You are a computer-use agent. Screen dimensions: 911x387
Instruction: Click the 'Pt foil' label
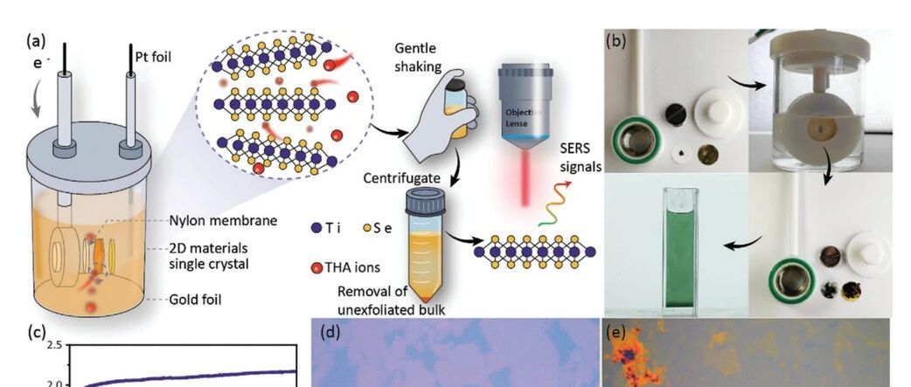pos(153,58)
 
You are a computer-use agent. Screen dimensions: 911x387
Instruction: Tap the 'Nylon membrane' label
pos(223,221)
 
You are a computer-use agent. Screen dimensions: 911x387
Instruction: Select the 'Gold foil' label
pos(195,300)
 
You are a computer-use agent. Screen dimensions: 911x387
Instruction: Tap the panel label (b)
pos(615,42)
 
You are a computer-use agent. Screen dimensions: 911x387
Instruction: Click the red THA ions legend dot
pos(316,267)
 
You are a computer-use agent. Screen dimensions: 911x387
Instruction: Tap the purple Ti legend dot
pos(316,228)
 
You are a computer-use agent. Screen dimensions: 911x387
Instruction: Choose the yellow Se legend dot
pos(366,228)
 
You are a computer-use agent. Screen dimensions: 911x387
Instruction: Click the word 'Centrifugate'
pos(401,178)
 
